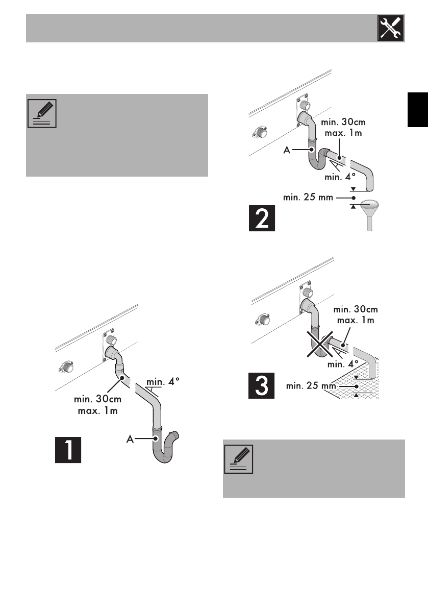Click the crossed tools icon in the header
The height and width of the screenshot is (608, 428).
(392, 29)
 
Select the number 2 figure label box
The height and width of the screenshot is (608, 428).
(262, 218)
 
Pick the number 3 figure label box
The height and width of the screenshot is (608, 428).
(261, 386)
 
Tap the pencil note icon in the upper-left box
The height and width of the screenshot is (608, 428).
(42, 113)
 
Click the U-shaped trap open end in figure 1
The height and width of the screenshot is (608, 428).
(177, 435)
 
